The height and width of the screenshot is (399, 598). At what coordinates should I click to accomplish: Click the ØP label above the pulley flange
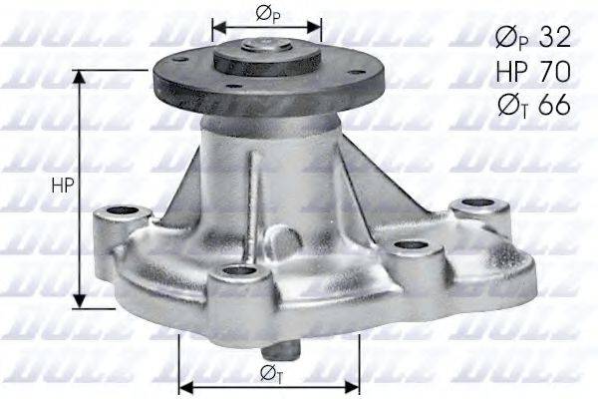pyautogui.click(x=267, y=13)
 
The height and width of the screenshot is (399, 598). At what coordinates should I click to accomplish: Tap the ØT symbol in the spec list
pyautogui.click(x=508, y=105)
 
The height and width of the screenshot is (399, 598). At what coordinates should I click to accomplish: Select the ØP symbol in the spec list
pyautogui.click(x=508, y=39)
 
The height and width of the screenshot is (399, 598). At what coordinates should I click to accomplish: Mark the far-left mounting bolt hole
pyautogui.click(x=118, y=211)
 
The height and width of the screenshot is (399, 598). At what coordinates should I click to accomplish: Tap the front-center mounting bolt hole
pyautogui.click(x=237, y=271)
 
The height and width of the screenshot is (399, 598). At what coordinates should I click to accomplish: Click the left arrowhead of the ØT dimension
pyautogui.click(x=183, y=385)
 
